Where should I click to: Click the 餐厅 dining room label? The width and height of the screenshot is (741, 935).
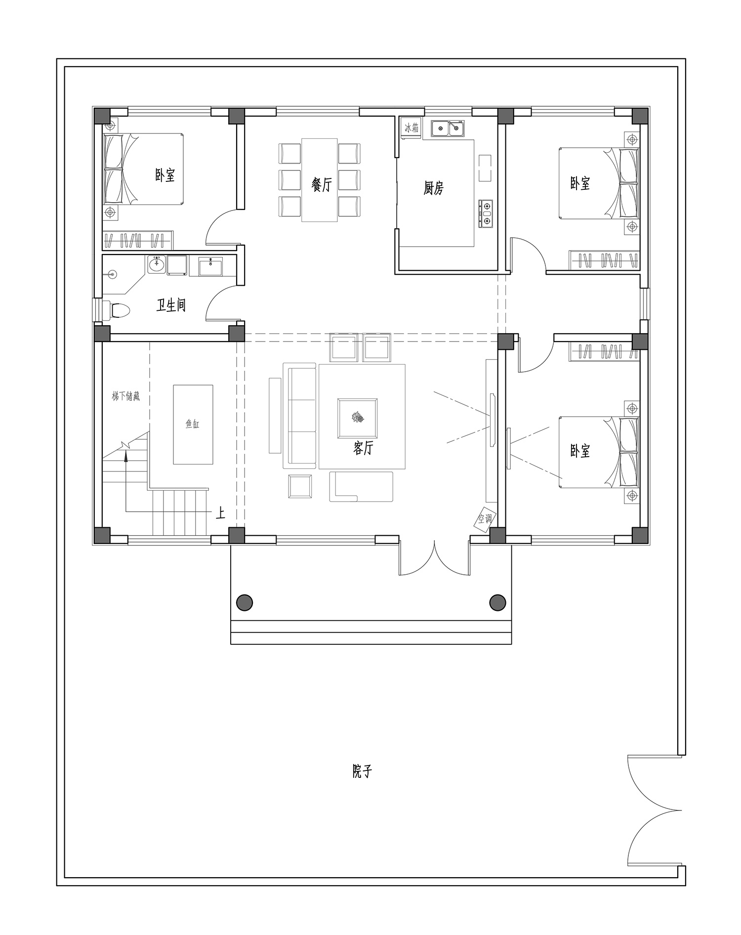322,184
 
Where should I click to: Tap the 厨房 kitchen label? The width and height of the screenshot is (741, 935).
433,188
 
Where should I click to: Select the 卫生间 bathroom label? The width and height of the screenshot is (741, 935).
171,305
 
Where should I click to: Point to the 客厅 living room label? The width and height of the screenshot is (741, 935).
363,448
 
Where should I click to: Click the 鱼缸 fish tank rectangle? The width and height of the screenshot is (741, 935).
193,425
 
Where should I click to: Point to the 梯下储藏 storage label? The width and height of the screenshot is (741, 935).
125,396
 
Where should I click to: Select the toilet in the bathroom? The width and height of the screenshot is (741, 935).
118,310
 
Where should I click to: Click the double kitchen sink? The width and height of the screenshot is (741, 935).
448,128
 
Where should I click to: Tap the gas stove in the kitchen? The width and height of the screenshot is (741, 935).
486,213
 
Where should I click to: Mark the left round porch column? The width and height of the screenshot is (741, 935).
245,602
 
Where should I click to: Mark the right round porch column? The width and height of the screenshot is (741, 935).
497,602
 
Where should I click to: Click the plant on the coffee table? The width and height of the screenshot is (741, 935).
358,418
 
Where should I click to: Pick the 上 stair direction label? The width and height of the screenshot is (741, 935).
220,513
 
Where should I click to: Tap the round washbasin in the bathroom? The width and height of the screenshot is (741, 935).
157,264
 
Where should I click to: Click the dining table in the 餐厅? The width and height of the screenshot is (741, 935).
320,180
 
